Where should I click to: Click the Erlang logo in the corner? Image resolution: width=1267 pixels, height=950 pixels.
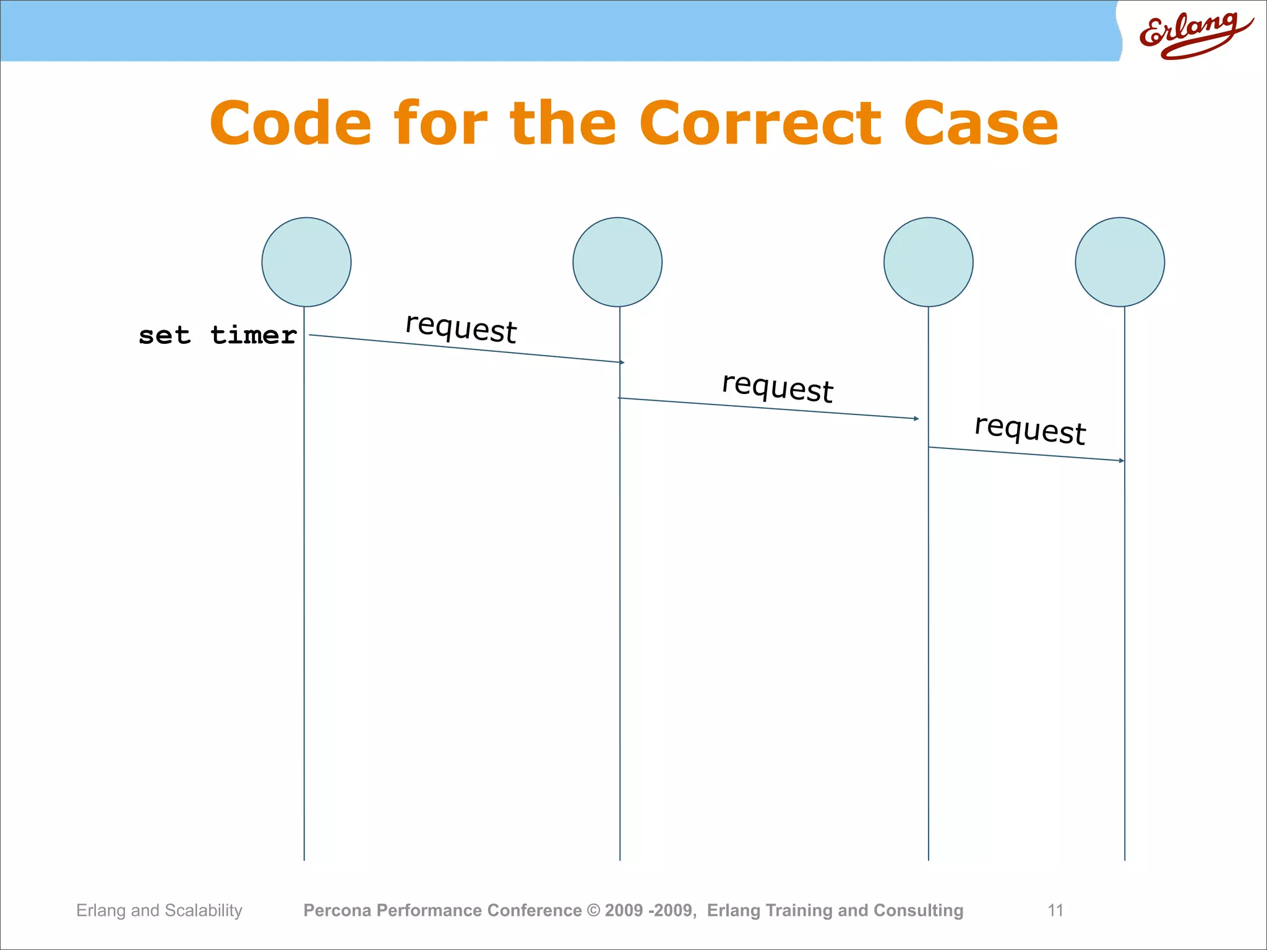(1194, 34)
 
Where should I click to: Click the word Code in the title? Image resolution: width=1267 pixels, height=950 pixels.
(291, 124)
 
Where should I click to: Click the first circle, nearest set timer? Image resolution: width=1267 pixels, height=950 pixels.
(306, 262)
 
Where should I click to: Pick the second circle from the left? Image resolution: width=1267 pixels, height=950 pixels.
(617, 262)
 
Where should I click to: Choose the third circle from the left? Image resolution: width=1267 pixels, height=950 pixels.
(928, 262)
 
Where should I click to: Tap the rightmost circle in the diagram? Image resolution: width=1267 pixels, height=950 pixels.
(1120, 262)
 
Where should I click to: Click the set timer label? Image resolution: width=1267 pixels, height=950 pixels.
(218, 335)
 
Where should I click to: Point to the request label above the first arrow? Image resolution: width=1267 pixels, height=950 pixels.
(461, 328)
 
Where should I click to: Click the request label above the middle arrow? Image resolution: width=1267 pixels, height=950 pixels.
(778, 388)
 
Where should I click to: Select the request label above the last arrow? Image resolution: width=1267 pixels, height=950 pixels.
(1030, 429)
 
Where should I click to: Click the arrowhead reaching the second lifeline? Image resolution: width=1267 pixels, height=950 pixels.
(622, 362)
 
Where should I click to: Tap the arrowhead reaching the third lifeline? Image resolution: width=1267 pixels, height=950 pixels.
(916, 419)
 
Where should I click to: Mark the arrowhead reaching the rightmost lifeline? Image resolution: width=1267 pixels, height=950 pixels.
(1122, 460)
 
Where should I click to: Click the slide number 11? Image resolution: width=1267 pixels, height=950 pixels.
(1055, 910)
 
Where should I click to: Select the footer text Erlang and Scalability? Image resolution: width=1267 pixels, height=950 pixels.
(159, 910)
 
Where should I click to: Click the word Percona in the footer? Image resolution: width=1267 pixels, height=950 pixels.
(337, 910)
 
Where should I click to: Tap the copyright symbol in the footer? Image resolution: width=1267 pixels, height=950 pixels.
(593, 910)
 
